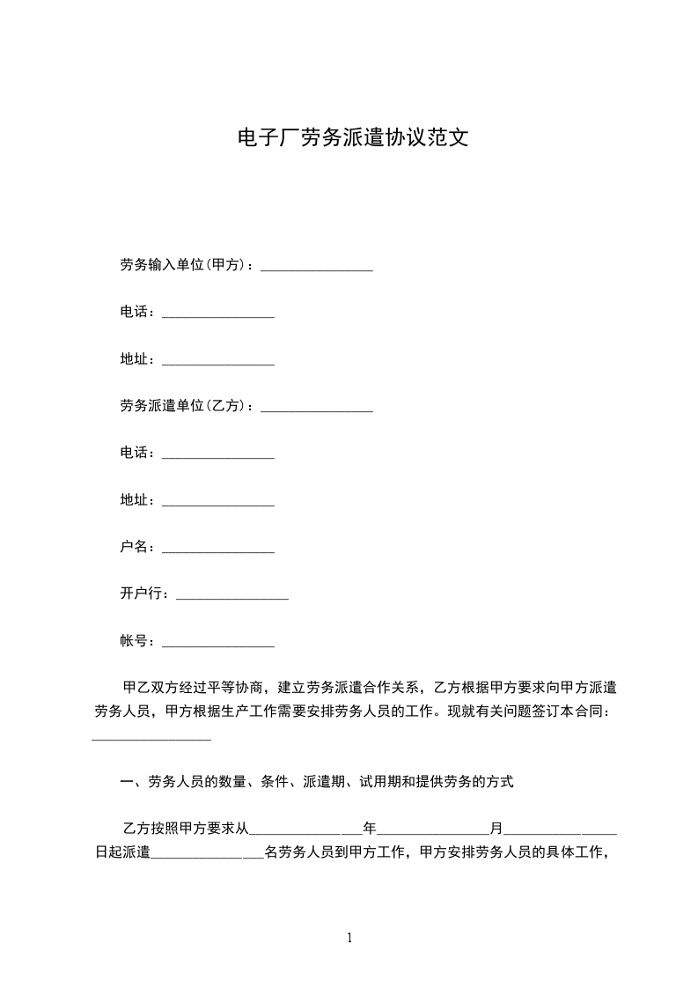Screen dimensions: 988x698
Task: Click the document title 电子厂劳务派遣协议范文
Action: [x=349, y=138]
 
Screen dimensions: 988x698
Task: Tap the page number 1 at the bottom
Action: [x=349, y=938]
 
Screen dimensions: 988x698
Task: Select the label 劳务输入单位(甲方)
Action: [x=185, y=265]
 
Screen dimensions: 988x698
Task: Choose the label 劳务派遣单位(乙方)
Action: [x=185, y=406]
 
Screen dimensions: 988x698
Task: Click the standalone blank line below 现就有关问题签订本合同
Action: [x=151, y=739]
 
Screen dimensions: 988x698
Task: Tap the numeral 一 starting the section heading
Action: [x=126, y=781]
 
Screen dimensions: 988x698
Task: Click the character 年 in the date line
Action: [x=370, y=829]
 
